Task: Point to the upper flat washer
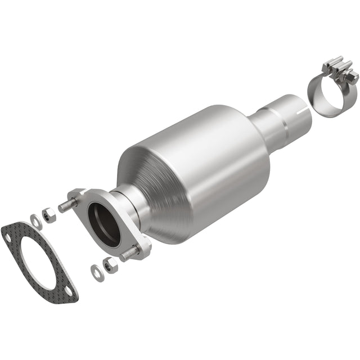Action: pos(36,221)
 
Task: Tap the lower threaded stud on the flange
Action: pos(129,255)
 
